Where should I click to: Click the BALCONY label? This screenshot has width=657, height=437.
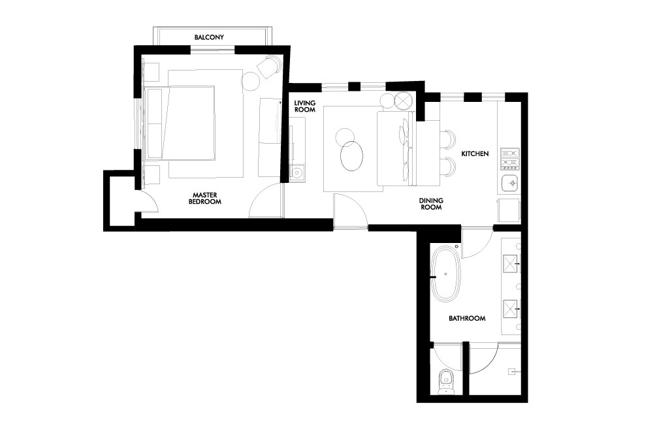click(x=209, y=37)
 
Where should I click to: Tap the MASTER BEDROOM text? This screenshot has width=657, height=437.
click(x=205, y=198)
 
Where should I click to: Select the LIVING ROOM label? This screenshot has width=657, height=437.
click(x=304, y=106)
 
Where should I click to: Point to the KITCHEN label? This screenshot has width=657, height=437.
click(x=475, y=154)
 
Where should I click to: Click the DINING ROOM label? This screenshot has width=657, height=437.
click(x=431, y=204)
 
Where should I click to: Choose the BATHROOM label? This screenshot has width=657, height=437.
click(x=467, y=318)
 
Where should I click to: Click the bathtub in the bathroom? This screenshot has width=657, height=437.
click(x=446, y=274)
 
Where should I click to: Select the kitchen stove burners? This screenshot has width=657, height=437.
click(x=510, y=159)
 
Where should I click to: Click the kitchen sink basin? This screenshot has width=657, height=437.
click(x=511, y=183)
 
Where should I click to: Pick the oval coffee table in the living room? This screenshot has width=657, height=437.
click(x=351, y=156)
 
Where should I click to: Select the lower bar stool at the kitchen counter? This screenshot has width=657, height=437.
click(x=447, y=165)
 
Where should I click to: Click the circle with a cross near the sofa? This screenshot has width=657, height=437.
click(x=404, y=101)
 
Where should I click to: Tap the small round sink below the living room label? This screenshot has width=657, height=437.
click(x=298, y=172)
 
